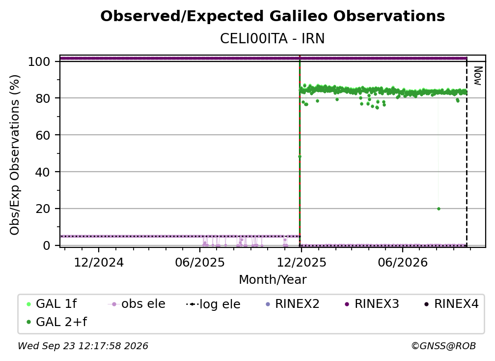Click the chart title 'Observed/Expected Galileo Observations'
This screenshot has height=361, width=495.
pos(273,16)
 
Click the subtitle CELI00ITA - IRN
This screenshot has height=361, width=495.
pos(273,39)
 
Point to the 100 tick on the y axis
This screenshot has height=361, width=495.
pos(39,61)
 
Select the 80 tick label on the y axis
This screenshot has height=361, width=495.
pos(43,98)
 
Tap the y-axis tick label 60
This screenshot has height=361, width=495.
pos(43,135)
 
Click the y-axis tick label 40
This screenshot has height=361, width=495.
pos(43,172)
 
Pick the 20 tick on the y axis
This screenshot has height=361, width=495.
pos(43,209)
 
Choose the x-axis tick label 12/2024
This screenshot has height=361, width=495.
pos(99,262)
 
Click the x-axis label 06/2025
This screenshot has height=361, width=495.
pos(200,262)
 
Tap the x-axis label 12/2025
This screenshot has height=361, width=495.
pos(302,262)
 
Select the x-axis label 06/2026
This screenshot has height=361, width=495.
pos(403,262)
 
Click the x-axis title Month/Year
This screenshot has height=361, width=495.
pos(273,280)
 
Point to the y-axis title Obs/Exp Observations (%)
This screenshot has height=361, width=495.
pos(15,155)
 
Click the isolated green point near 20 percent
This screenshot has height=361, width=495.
pos(439,209)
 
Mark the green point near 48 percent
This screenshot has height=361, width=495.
pos(300,156)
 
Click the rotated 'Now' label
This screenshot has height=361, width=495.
pos(478,76)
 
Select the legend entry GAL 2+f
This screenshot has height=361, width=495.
pos(57,322)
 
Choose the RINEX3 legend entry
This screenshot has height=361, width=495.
pos(372,304)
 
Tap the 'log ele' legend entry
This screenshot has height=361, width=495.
pos(214,304)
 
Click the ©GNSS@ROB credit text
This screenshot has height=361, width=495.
pos(443,346)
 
